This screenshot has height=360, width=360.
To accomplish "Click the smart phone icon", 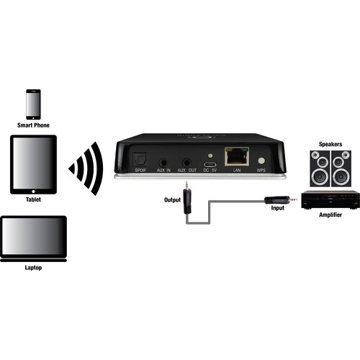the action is click(33, 104).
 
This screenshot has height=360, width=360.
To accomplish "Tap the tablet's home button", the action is click(33, 192).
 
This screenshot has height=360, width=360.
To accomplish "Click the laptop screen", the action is click(34, 236).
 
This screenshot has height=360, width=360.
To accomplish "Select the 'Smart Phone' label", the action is click(33, 125).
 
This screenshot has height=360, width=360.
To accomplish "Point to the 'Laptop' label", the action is click(33, 268).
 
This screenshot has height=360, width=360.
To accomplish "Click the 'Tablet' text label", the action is click(33, 199).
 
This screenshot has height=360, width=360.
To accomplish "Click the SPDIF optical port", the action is click(140, 159).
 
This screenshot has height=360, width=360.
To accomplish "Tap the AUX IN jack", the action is click(163, 163).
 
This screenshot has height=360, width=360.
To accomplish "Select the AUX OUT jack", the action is click(186, 163).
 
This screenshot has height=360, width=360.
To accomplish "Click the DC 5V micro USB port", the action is click(210, 164).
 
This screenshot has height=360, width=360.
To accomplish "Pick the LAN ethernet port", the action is click(237, 156).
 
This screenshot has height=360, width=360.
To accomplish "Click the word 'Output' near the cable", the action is click(172, 200).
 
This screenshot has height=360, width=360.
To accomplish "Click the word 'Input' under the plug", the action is click(278, 208).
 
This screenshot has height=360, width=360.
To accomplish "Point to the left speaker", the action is click(320, 168).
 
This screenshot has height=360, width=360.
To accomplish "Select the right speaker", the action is click(341, 168).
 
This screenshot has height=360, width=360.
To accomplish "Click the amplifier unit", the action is click(330, 200).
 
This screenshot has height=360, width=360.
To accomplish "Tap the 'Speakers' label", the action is click(330, 144).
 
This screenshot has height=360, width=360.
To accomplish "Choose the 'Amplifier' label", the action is click(330, 215).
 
